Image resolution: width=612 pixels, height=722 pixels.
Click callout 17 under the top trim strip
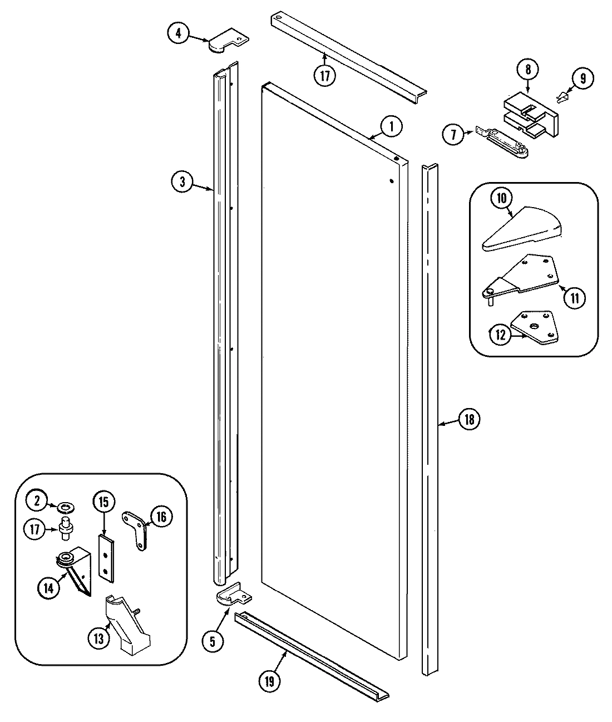(x=325, y=75)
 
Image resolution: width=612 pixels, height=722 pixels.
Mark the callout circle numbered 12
(x=500, y=335)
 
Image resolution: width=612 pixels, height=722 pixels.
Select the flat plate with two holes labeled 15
(x=105, y=557)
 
